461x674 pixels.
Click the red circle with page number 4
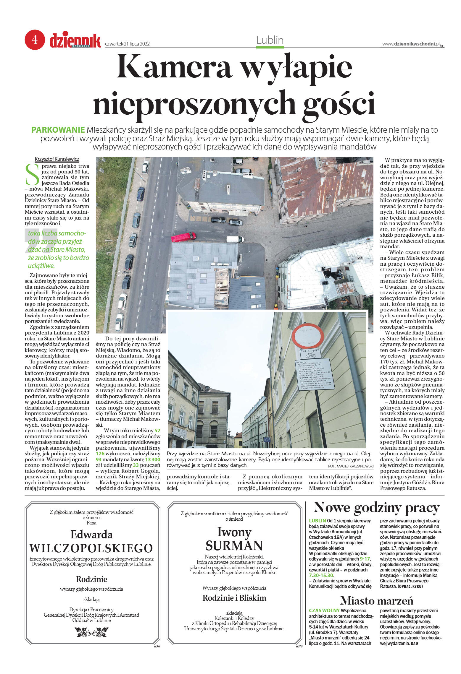(35, 40)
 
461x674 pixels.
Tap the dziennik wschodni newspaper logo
(75, 40)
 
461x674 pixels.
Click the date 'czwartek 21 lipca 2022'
(127, 44)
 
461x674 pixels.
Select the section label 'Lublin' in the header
(270, 40)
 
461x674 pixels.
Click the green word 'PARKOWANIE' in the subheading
(58, 130)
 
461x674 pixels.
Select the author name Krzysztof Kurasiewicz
(57, 159)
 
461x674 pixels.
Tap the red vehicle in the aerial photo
(183, 237)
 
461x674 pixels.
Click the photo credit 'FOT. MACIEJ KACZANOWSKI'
(351, 466)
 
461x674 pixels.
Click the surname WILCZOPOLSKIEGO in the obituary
(91, 548)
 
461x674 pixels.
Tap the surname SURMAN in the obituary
(234, 545)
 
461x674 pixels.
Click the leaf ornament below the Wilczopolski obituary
(91, 632)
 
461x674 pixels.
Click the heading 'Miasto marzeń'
(376, 600)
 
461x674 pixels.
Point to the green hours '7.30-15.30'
(321, 575)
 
